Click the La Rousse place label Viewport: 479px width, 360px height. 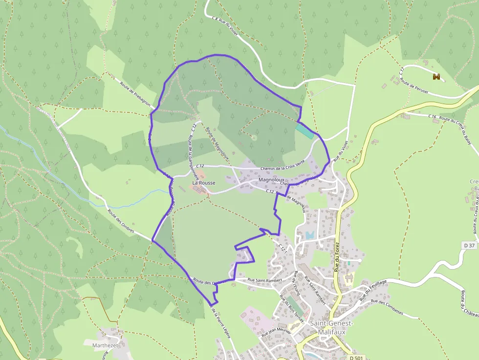(x=203, y=183)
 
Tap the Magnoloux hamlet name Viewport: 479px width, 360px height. (x=272, y=179)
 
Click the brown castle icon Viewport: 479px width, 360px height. (x=436, y=77)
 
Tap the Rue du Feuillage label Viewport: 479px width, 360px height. (x=373, y=290)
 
